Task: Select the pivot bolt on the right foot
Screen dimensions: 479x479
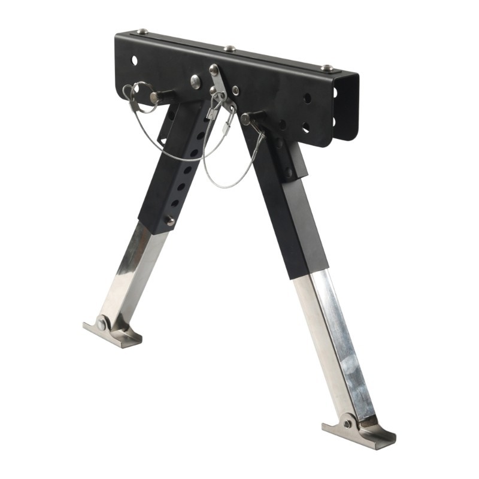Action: (347, 423)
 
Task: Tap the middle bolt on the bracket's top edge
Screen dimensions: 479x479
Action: (230, 48)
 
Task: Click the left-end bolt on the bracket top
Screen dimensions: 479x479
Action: (141, 31)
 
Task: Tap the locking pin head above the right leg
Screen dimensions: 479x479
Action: (245, 119)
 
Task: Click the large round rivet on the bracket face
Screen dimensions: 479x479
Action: (196, 82)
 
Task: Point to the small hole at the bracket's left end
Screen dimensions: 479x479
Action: (134, 60)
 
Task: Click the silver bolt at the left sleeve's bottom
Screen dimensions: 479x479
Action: (170, 221)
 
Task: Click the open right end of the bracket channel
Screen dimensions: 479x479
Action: (346, 108)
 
